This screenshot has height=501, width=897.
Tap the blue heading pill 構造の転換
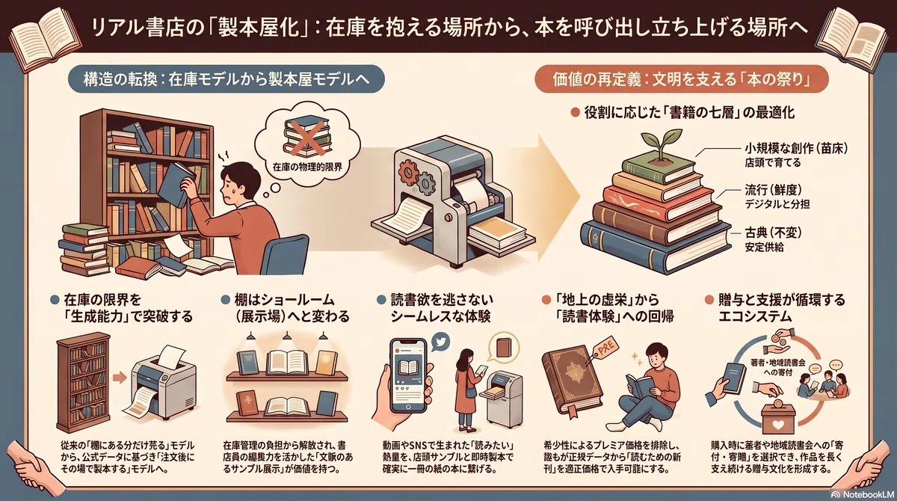226,79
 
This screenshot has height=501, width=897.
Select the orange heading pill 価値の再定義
682,79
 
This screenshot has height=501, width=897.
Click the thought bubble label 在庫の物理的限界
307,167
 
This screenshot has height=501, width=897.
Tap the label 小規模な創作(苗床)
797,149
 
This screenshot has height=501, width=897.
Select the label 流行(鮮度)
773,190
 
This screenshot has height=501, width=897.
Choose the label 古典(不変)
773,233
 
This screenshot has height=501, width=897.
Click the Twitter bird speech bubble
440,342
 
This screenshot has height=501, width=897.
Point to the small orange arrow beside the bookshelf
120,378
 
